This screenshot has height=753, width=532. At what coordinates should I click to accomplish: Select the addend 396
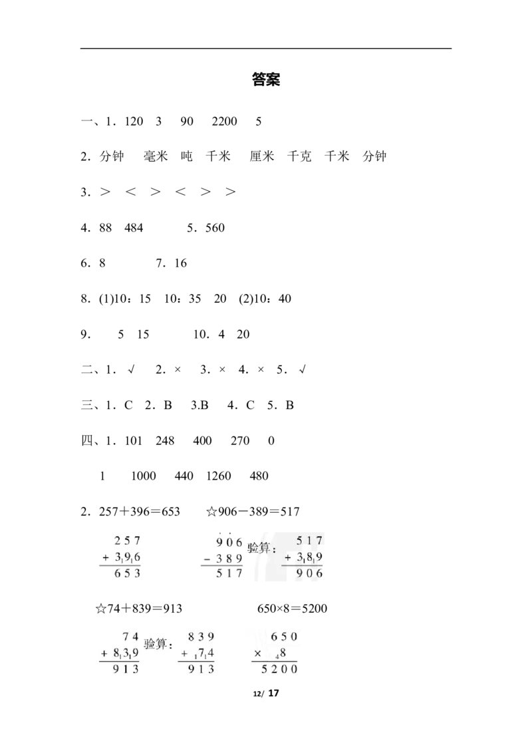pos(128,557)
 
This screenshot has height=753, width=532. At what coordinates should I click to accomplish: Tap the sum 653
pos(128,573)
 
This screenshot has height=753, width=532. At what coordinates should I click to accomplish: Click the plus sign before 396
pos(105,557)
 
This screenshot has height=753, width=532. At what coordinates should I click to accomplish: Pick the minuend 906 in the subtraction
pos(229,542)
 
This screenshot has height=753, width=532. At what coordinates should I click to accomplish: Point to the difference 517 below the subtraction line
pos(229,573)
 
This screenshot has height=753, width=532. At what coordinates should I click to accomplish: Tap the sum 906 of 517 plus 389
pos(309,573)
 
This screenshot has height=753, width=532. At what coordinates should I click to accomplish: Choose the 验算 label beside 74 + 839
pos(158,645)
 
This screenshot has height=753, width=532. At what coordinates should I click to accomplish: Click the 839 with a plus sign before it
pos(125,654)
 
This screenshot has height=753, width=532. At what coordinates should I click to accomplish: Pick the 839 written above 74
pos(201,637)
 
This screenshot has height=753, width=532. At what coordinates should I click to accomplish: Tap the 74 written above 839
pos(130,637)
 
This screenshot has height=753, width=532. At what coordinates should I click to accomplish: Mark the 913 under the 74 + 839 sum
pos(125,670)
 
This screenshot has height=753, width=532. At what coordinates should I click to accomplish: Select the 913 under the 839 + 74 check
pos(201,670)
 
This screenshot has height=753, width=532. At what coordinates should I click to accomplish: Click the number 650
pos(284,637)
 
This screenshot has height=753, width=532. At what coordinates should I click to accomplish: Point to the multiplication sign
pos(257,654)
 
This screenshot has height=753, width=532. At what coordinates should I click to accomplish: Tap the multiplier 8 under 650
pos(283,654)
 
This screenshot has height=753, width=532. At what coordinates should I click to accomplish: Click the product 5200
pos(279,670)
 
